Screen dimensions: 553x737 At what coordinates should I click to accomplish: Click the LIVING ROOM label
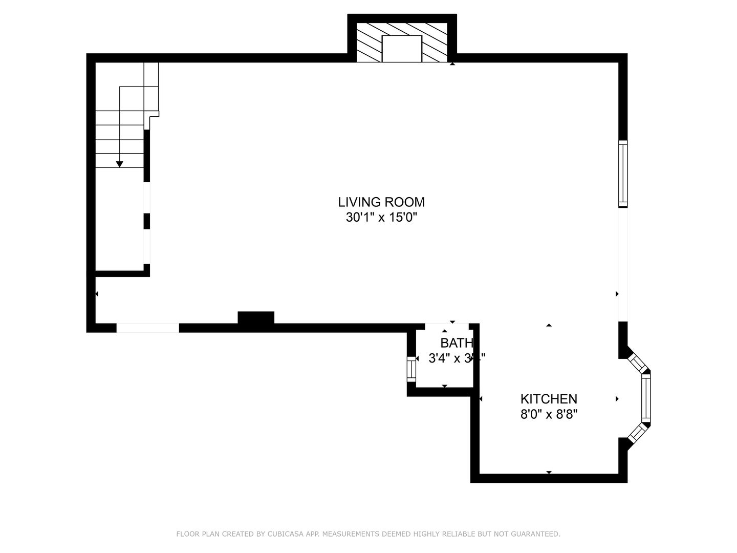[x=381, y=202]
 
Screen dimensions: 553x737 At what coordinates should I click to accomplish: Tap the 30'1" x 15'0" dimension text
[x=381, y=218]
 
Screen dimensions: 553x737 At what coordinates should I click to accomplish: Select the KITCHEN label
[x=549, y=399]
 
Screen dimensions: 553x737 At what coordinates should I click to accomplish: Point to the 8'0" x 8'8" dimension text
[x=549, y=414]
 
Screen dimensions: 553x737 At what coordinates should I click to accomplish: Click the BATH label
[x=457, y=343]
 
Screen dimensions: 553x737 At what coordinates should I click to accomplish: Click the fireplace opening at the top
[x=402, y=49]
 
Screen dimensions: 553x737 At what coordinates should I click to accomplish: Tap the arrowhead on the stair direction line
[x=120, y=164]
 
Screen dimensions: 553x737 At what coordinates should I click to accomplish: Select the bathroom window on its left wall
[x=411, y=369]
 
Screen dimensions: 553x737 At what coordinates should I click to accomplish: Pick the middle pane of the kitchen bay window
[x=646, y=398]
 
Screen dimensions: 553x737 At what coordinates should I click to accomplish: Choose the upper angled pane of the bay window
[x=638, y=363]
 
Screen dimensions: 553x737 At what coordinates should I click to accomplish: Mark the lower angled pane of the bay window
[x=638, y=433]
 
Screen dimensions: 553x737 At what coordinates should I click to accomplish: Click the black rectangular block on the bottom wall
[x=256, y=318]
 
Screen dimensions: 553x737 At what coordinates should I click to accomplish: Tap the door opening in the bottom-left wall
[x=147, y=328]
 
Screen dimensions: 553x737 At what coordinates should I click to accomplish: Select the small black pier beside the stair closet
[x=147, y=221]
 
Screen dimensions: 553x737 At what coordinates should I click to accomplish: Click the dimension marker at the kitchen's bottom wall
[x=549, y=472]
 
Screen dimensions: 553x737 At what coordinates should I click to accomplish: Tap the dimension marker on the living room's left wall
[x=97, y=294]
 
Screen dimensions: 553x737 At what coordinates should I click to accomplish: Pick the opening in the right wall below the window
[x=623, y=264]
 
